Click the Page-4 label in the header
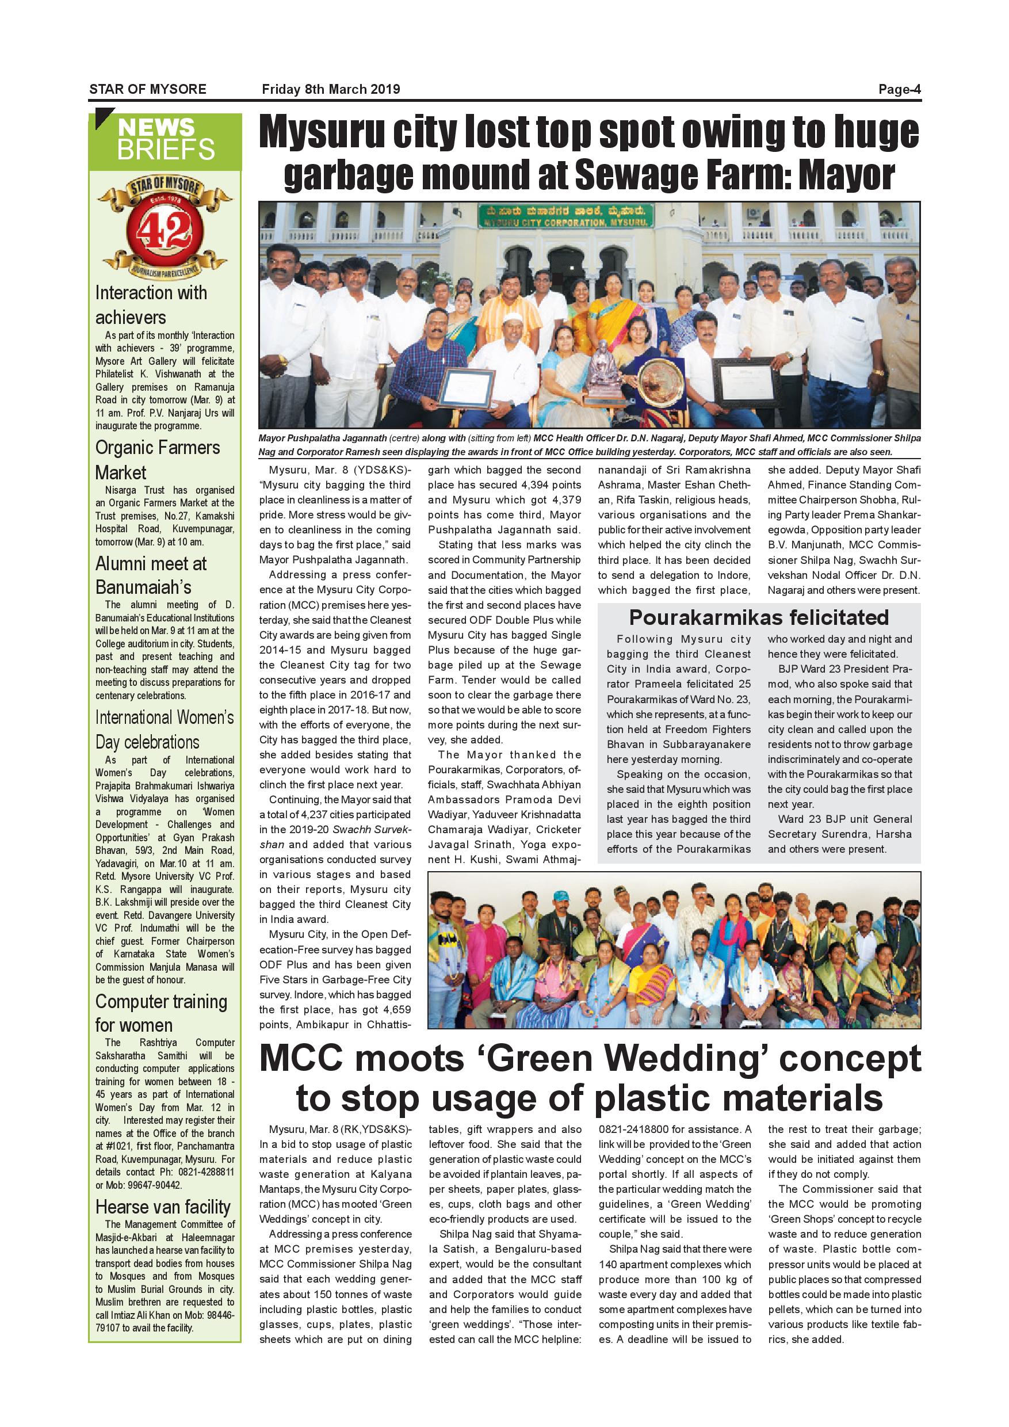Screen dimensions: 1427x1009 coord(899,89)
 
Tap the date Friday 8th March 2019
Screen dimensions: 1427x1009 coord(331,89)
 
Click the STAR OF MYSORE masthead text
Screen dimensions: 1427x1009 coord(148,89)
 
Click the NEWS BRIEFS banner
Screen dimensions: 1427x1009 coord(165,140)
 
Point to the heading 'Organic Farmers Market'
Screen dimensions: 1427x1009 coord(157,459)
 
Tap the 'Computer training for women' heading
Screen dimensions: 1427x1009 coord(161,1013)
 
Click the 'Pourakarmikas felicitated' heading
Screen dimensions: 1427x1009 coord(759,617)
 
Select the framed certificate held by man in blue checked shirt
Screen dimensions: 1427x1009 coord(467,387)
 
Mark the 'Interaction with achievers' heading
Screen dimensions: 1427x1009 coord(151,304)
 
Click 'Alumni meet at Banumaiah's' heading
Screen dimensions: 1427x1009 coord(151,575)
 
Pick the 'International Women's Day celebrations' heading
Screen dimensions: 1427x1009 coord(165,730)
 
